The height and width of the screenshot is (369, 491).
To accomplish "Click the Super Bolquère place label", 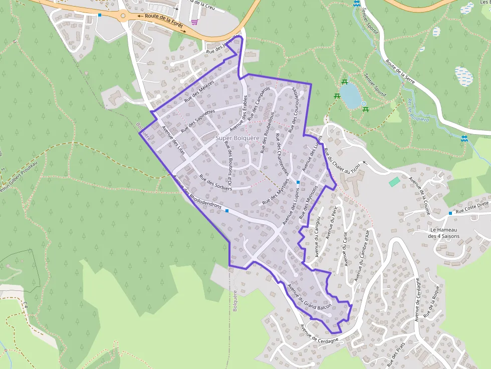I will pyautogui.click(x=237, y=138).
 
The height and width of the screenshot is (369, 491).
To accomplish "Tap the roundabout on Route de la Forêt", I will pyautogui.click(x=123, y=16).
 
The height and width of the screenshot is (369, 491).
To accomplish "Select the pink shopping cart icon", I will pyautogui.click(x=194, y=22).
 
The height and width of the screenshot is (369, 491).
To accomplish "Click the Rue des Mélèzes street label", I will pyautogui.click(x=199, y=91).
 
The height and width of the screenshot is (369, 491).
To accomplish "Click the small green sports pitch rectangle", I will pyautogui.click(x=394, y=181).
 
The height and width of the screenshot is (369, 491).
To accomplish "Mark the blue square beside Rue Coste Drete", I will pyautogui.click(x=450, y=213).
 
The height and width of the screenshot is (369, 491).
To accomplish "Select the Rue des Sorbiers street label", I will pyautogui.click(x=216, y=183).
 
